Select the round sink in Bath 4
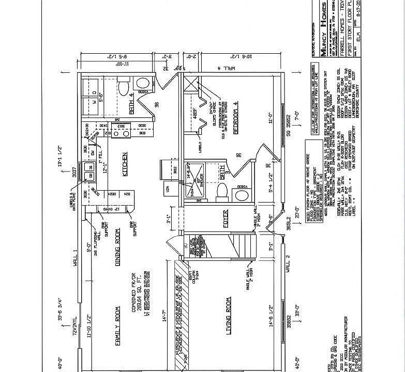(141, 84)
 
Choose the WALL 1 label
(75, 257)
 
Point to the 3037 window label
(75, 171)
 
